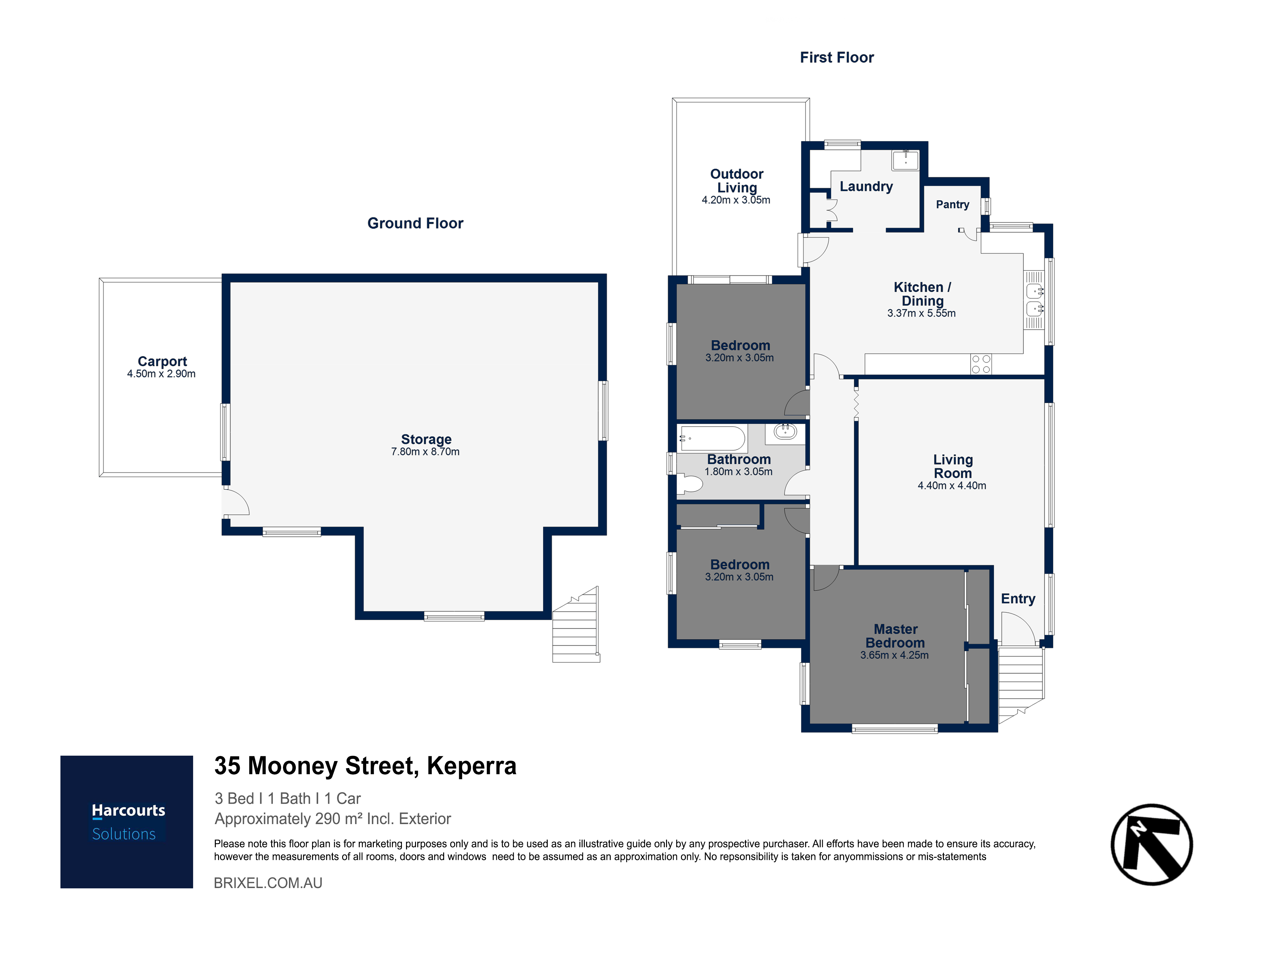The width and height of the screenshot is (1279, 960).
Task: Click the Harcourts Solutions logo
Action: click(127, 822)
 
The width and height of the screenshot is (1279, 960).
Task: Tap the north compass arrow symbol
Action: click(1152, 844)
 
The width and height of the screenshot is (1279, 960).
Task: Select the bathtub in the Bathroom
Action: click(713, 438)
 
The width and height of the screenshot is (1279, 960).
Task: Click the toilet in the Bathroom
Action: click(689, 484)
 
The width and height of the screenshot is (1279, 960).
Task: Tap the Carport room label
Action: click(162, 361)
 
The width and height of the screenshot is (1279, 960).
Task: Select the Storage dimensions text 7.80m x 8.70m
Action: click(426, 452)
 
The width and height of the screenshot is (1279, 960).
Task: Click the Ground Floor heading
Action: click(415, 223)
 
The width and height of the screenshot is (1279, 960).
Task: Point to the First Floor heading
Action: click(837, 57)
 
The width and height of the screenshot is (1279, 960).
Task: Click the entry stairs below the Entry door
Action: click(1021, 685)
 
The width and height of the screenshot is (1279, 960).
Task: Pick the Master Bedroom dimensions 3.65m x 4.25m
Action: click(894, 655)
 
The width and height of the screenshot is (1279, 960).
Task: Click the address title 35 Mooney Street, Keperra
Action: click(365, 766)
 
